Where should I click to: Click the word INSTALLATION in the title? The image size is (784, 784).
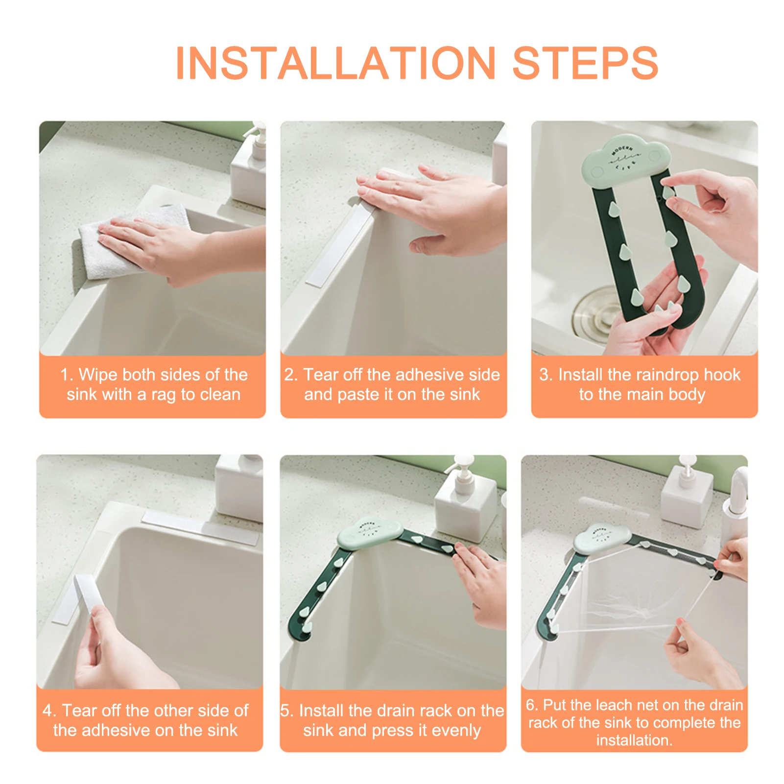tap(336, 63)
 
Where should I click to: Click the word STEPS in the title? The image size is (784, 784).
tap(585, 63)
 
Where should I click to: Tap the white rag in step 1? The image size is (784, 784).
tap(132, 242)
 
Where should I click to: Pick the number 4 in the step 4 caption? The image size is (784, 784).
tap(47, 711)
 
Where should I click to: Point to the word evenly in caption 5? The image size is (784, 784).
tap(457, 731)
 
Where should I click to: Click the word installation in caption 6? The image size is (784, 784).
tap(634, 740)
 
